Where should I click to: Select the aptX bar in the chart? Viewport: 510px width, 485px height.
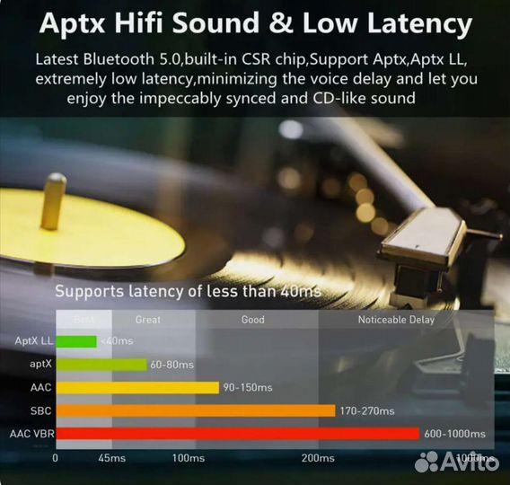point(101,365)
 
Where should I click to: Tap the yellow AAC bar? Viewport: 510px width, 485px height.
point(137,387)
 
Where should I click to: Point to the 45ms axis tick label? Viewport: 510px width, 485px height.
point(111,458)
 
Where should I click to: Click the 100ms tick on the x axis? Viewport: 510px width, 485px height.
point(189,458)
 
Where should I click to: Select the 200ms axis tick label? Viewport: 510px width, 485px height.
point(318,458)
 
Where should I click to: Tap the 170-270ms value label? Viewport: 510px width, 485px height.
point(367,410)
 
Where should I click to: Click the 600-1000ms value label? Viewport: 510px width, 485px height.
point(455,434)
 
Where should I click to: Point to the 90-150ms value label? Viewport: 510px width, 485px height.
point(247,387)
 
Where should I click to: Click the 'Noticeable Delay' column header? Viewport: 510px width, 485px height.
point(396,320)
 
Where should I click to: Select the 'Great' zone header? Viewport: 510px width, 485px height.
point(148,320)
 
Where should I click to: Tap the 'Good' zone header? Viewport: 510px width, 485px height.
point(253,320)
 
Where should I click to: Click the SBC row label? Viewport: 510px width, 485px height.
point(40,410)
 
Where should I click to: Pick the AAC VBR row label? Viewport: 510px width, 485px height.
point(32,434)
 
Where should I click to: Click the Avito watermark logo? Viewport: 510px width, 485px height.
point(458,462)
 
